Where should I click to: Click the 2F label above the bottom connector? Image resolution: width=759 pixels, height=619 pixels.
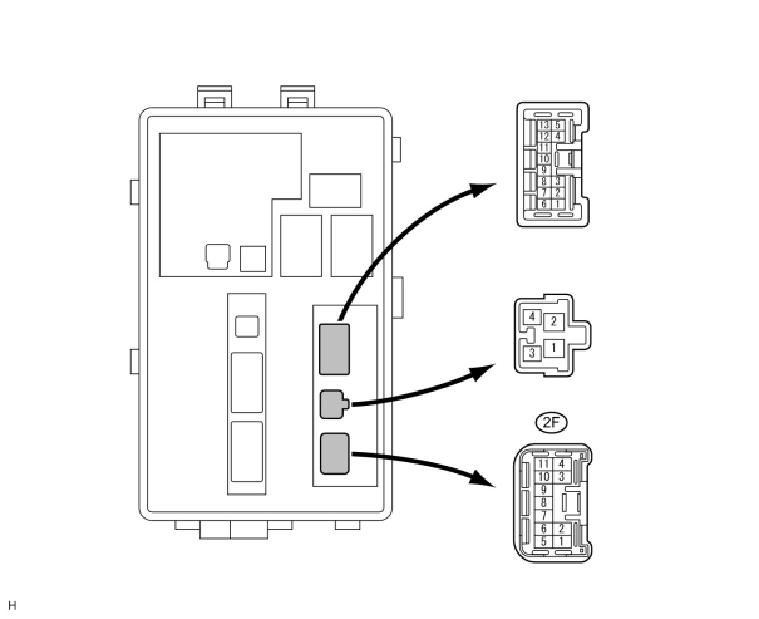point(551,423)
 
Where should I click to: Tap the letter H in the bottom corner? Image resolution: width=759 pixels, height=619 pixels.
point(12,606)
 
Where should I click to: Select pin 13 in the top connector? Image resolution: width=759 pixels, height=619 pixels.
point(544,125)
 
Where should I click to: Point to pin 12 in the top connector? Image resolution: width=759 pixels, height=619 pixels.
point(544,136)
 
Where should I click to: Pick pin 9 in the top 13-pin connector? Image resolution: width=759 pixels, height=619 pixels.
point(544,170)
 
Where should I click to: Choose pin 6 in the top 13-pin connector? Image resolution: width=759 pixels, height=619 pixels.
point(544,204)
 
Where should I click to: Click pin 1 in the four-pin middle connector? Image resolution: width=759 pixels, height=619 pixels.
point(553,347)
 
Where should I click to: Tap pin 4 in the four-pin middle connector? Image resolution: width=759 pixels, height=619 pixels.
point(533,316)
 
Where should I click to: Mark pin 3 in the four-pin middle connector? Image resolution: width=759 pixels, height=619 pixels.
point(533,353)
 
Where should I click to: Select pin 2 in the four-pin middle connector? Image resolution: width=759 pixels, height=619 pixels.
point(553,321)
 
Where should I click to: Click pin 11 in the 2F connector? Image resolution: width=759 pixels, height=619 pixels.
point(543,465)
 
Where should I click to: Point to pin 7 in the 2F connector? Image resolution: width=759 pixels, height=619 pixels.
point(543,515)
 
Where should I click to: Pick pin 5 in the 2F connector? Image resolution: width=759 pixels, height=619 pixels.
point(543,541)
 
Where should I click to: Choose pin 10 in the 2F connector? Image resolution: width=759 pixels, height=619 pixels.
point(543,476)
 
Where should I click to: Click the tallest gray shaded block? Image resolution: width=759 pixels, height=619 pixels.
point(334,349)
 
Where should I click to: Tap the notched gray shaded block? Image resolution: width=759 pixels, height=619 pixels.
point(332,404)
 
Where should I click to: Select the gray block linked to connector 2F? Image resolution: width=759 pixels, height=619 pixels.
point(334,453)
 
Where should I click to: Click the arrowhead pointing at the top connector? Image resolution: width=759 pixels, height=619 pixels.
point(485,188)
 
